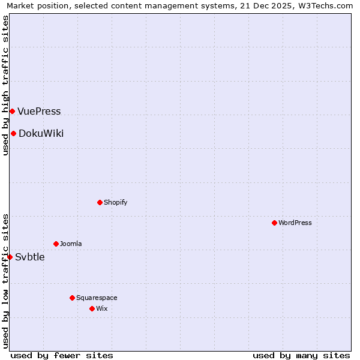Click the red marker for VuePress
(12, 111)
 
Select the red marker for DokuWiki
(13, 133)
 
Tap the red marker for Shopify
(100, 202)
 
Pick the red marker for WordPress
(274, 223)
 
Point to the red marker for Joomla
(56, 244)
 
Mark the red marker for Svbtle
(10, 257)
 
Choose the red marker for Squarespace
(72, 298)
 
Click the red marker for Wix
(92, 308)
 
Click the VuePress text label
(39, 111)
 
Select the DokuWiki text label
(41, 133)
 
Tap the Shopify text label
(115, 202)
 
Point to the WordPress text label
(295, 223)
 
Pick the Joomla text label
(71, 244)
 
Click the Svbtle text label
(29, 257)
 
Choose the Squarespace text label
(97, 298)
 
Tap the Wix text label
(101, 308)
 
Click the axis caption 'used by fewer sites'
(62, 355)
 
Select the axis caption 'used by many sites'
(301, 355)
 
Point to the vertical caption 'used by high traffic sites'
(6, 85)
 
